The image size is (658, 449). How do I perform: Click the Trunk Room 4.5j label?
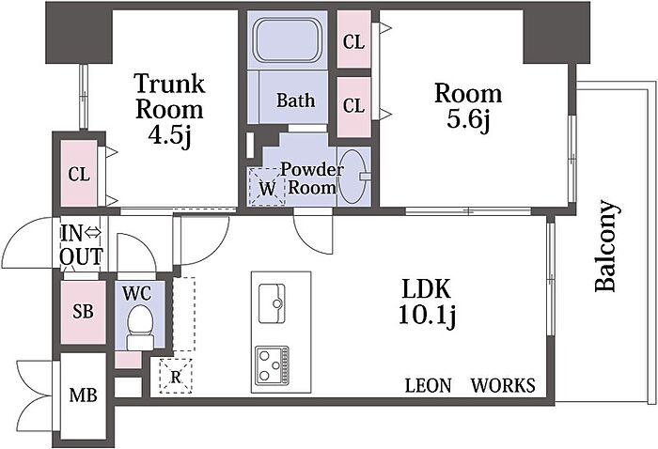click(169, 108)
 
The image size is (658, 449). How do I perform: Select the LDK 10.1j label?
click(428, 302)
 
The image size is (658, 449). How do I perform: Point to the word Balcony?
click(608, 246)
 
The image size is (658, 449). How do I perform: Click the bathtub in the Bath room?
click(287, 42)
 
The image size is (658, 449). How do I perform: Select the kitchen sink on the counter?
click(279, 298)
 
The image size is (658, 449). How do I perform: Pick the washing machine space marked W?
click(268, 189)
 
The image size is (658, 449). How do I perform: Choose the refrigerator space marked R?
click(176, 378)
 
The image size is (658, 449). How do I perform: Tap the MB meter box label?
click(82, 395)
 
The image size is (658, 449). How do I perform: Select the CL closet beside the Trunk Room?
click(79, 174)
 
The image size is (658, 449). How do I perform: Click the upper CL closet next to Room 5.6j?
click(353, 41)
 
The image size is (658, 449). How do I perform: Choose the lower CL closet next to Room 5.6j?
click(353, 106)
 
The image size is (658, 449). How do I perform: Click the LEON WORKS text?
click(470, 385)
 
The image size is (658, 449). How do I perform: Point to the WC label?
click(138, 291)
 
